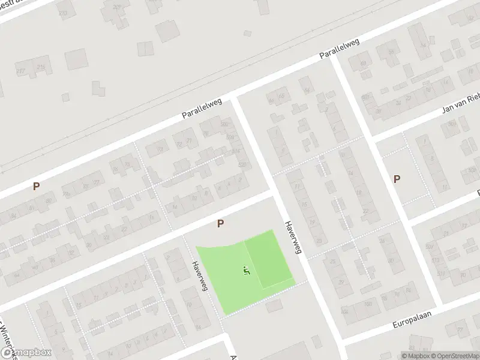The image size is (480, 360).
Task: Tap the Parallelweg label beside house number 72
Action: (x=202, y=109)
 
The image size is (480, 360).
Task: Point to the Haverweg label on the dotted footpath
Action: (x=200, y=275)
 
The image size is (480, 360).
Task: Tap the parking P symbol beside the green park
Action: (x=221, y=223)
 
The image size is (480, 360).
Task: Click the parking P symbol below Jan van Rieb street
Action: (x=397, y=178)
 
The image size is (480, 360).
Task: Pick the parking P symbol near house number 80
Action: (x=37, y=186)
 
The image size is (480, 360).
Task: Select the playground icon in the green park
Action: (x=247, y=271)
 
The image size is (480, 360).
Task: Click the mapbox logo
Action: (x=26, y=353)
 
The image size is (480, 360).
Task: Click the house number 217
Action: (x=21, y=71)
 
